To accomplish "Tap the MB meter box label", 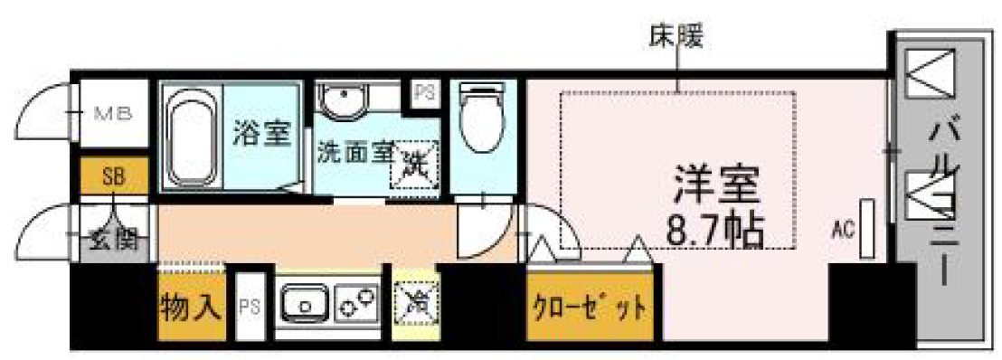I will [x=114, y=114].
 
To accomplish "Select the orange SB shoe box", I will [x=114, y=177].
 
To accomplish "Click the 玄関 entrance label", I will [x=114, y=242].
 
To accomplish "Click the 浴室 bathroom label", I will [x=261, y=134].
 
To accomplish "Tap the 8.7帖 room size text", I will [x=714, y=232].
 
